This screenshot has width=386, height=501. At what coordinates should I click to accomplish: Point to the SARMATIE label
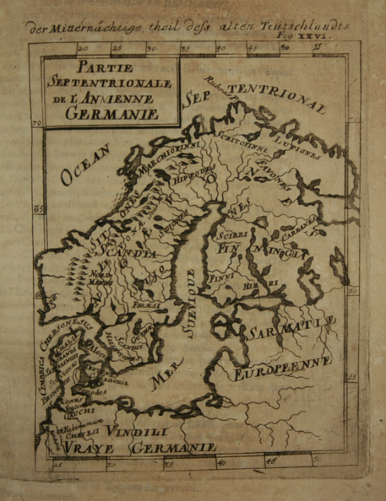click(290, 328)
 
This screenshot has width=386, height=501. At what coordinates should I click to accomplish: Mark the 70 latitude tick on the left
click(37, 124)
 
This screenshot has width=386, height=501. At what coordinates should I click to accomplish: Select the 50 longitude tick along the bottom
click(315, 459)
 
